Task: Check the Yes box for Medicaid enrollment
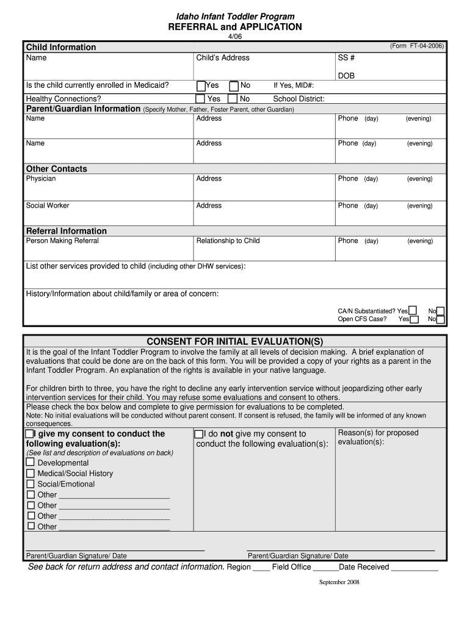coord(201,85)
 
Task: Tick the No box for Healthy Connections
coord(233,99)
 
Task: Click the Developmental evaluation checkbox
coord(31,463)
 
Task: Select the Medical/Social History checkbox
coord(31,473)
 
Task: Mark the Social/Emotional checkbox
coord(31,484)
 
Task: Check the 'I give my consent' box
coord(30,433)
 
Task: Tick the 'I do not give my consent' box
coord(198,434)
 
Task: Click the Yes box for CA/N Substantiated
coord(413,310)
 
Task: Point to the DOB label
coord(346,76)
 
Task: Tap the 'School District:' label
coord(298,99)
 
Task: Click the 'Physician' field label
coord(40,179)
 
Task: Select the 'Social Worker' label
coord(48,206)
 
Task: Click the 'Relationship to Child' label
coord(228,240)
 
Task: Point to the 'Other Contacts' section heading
coord(56,168)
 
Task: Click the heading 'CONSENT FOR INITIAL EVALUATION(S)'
coord(234,341)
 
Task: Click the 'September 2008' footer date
coord(339,582)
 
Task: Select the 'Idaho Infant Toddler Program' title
coord(235,16)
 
